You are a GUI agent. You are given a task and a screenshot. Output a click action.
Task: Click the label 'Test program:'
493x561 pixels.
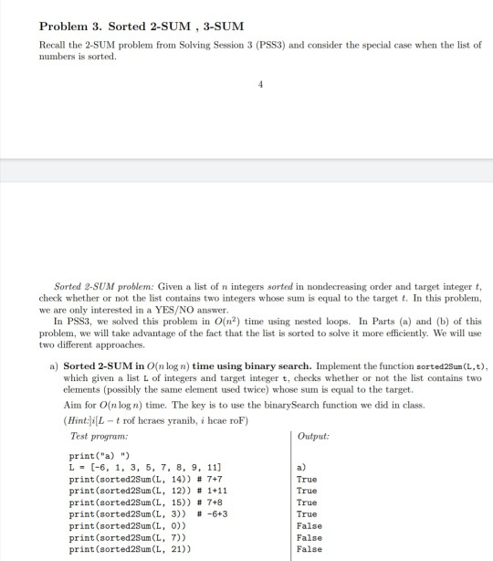click(93, 436)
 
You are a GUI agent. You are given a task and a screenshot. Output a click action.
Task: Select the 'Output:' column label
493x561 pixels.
click(315, 436)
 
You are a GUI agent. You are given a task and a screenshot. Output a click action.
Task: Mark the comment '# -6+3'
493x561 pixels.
click(226, 513)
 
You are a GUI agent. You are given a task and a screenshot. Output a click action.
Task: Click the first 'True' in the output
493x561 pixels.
click(308, 478)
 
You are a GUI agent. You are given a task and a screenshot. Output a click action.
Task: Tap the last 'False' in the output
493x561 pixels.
click(310, 549)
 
